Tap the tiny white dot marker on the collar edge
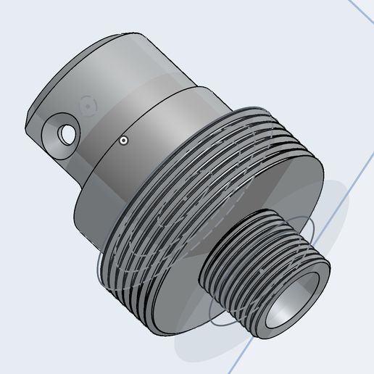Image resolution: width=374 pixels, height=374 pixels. tap(124, 140)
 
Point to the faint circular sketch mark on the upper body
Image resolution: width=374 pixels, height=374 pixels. tap(87, 105)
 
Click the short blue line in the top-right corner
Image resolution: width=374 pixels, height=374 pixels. tap(361, 10)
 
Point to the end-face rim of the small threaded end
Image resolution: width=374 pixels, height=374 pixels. tap(312, 286)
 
